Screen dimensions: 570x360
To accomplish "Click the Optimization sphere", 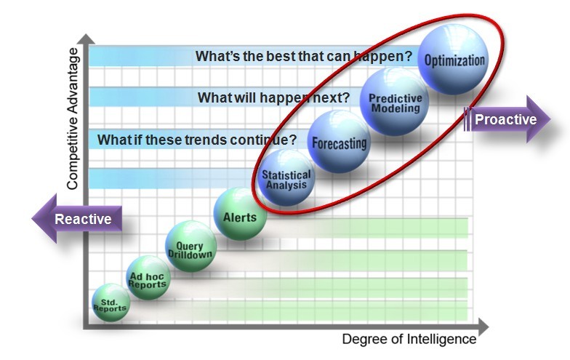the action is tap(454, 60).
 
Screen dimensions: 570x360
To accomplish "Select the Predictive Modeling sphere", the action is tap(394, 102).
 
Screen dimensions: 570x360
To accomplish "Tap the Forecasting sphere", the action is tap(339, 142).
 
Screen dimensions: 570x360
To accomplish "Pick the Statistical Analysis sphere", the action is tap(286, 178).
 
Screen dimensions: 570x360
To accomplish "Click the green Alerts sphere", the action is tap(240, 214).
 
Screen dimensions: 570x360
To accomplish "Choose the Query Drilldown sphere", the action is tap(190, 246).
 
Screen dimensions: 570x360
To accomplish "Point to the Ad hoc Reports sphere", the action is tap(148, 278).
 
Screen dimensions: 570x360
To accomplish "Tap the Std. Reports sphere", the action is tap(111, 303).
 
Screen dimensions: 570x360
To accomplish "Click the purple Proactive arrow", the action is tap(507, 119).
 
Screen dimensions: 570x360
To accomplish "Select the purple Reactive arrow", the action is tap(77, 218).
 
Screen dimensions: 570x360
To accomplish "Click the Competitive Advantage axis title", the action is tap(73, 119).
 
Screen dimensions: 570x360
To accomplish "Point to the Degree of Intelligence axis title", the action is tap(409, 339).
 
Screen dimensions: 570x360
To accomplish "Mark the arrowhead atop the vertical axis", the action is tap(87, 39).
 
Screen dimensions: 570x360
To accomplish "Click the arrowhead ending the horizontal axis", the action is tap(483, 327).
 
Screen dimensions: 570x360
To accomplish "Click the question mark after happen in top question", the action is tap(409, 57).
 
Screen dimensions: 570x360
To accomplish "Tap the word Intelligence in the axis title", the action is tap(441, 339).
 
